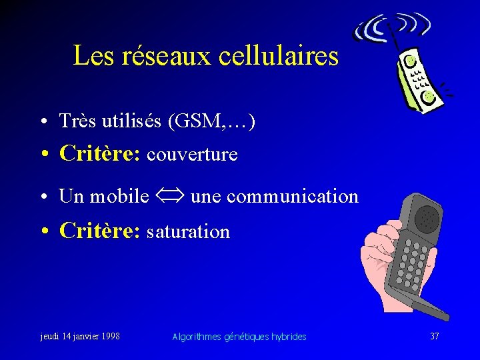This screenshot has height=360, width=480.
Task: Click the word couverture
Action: pos(192,155)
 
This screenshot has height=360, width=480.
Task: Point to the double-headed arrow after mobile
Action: pos(169,196)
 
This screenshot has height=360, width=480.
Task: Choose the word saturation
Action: pos(188,231)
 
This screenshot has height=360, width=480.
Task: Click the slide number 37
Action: pos(435,336)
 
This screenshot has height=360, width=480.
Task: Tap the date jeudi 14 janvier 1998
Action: pos(80,336)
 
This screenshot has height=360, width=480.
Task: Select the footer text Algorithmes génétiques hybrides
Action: pos(239,337)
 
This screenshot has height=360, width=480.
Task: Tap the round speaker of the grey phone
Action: pos(427,217)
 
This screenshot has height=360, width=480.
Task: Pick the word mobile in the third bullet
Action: pos(119,196)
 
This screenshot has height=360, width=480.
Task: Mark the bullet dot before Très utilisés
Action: pos(42,123)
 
